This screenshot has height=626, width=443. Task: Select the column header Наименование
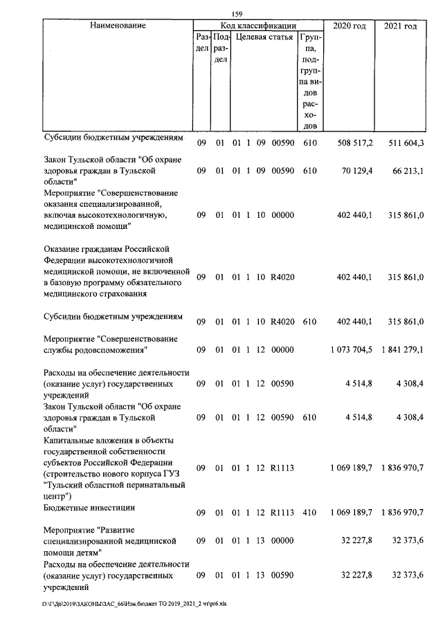coord(118,26)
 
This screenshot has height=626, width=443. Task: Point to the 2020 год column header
coord(350,26)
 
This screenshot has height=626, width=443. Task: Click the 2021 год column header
coord(400,26)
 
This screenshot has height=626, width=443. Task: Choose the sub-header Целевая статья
coord(262,37)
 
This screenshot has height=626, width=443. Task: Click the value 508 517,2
coord(354,142)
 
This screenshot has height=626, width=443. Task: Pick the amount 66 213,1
coord(407,169)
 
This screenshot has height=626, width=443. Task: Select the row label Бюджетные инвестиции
coord(89,507)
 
